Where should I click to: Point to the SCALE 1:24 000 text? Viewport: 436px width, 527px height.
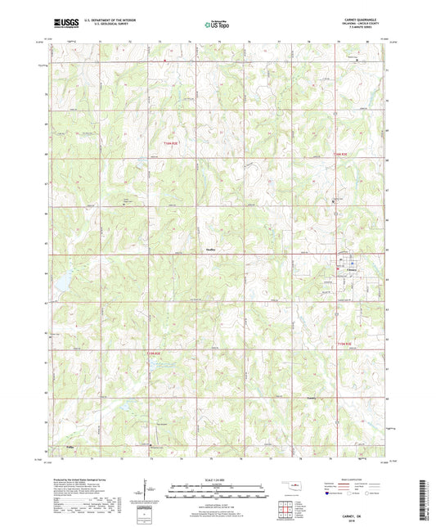[217, 479]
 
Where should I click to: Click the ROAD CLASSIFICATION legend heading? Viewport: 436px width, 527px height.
[366, 474]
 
